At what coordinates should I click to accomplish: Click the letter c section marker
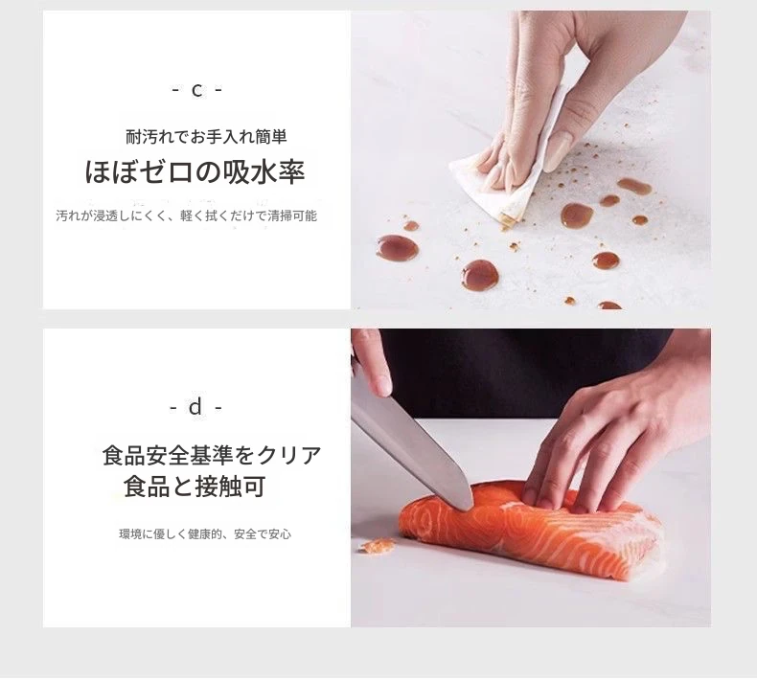197,90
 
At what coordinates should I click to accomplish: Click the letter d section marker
195,408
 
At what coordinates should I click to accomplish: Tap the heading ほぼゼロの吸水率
195,171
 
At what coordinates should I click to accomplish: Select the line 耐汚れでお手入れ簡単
206,137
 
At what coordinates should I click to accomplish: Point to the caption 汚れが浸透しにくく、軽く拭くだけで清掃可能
186,215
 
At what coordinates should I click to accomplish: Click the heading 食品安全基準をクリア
212,456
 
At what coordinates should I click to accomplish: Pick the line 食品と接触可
195,487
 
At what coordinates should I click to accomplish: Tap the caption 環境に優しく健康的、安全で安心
205,534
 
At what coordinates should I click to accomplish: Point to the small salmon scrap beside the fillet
378,546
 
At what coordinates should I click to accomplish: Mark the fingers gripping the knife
371,362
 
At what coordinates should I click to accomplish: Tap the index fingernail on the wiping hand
556,152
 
